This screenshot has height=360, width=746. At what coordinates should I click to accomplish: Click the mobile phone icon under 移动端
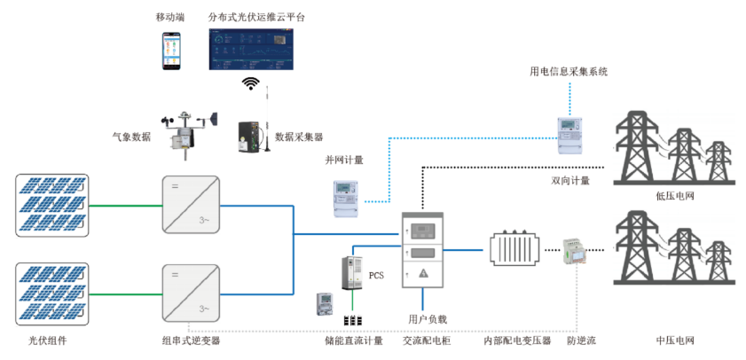(172, 51)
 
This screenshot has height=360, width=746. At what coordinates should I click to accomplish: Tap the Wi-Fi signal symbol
(252, 84)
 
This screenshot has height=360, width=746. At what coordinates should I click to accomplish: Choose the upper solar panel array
(54, 204)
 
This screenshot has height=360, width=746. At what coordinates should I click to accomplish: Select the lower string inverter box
(190, 293)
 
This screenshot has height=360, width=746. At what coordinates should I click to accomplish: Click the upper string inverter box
(190, 205)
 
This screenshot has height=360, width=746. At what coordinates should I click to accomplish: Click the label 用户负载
(426, 317)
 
